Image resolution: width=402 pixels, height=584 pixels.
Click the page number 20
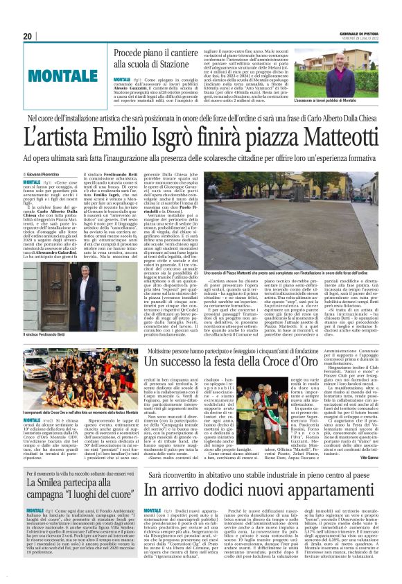27,36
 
